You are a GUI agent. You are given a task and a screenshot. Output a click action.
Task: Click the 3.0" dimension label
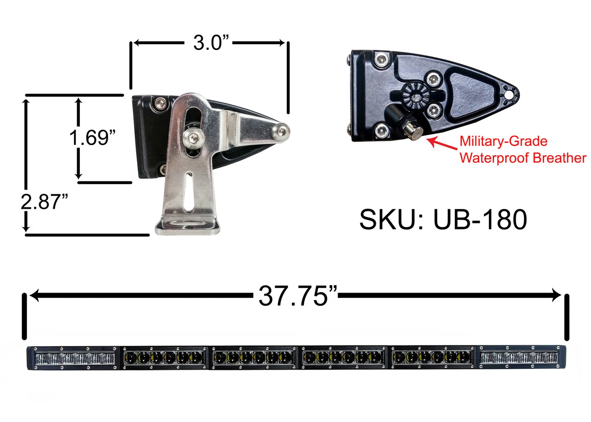click(x=211, y=43)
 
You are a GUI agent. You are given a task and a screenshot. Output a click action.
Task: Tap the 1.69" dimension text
click(x=92, y=138)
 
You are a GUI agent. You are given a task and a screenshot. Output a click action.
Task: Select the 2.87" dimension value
click(x=44, y=202)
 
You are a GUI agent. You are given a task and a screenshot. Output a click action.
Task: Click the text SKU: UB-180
click(x=443, y=219)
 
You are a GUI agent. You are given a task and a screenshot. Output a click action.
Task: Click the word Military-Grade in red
click(x=503, y=141)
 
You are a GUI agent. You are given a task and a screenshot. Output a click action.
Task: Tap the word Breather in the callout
click(x=559, y=158)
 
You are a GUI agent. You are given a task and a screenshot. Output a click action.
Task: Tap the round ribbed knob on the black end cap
click(x=416, y=96)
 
